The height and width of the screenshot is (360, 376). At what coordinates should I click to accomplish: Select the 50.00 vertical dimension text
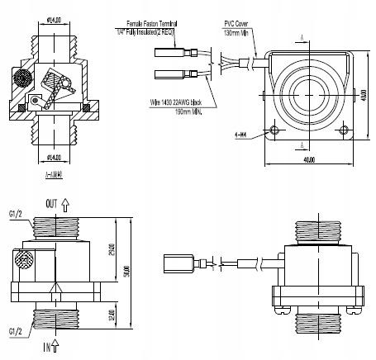coord(126,272)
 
